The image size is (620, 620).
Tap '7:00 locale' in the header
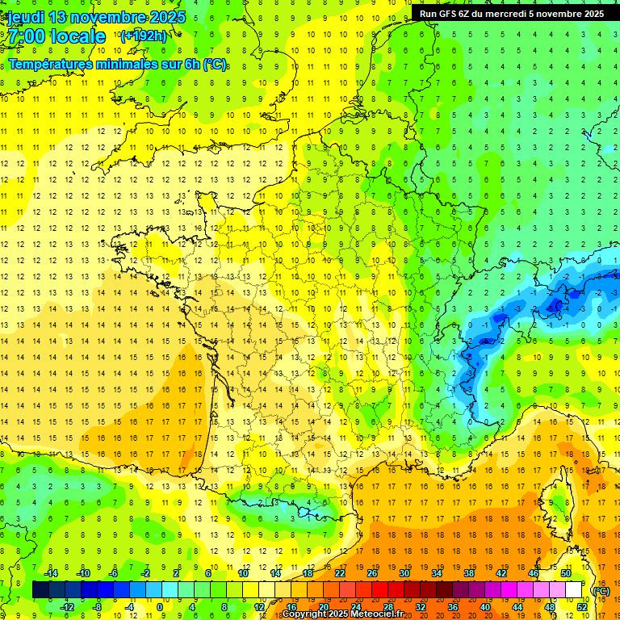(x=57, y=36)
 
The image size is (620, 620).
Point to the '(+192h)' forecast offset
(x=143, y=36)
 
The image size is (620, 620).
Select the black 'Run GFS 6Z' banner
(x=512, y=14)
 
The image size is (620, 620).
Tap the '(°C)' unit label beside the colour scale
(x=601, y=591)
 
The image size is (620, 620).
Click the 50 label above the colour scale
(x=566, y=573)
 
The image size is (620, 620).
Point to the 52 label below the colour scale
(x=582, y=607)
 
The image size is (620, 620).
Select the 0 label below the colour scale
(x=159, y=607)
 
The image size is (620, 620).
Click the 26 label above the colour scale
(x=372, y=573)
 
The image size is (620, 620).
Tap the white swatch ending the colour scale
(x=574, y=590)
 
